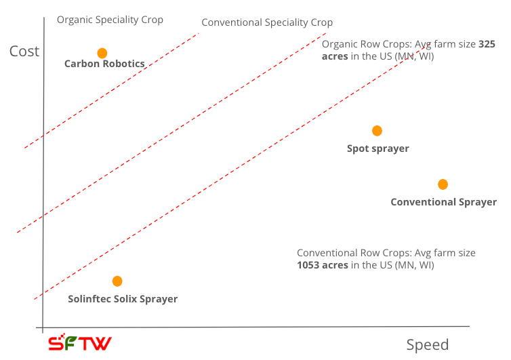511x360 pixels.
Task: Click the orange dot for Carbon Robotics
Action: [102, 53]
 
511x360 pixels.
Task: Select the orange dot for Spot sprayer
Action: [377, 131]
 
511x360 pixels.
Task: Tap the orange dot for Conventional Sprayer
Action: [443, 184]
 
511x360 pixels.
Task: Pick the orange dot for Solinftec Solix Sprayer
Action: [117, 281]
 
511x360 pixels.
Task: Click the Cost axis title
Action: [24, 52]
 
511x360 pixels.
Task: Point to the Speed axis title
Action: [427, 345]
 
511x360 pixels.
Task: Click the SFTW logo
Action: [79, 343]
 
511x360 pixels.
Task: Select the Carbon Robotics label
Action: [104, 64]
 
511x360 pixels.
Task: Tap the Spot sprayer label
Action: [377, 148]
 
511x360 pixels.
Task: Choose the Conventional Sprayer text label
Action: [443, 202]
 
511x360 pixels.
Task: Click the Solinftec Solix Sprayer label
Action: [123, 299]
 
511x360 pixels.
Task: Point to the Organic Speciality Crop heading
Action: [110, 20]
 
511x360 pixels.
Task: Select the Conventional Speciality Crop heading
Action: [267, 22]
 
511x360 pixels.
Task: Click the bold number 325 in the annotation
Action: [487, 44]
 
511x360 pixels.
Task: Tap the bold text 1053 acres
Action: [323, 265]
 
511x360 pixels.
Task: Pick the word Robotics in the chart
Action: [123, 64]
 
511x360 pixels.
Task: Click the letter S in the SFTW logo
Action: [56, 343]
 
